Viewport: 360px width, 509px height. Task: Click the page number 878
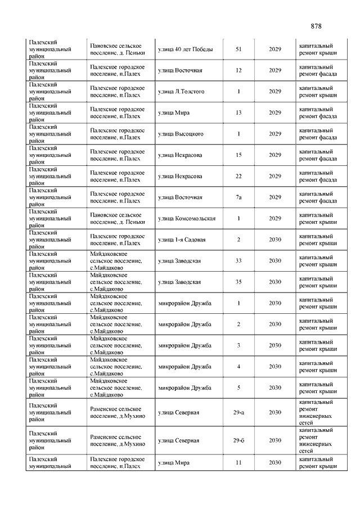(x=316, y=26)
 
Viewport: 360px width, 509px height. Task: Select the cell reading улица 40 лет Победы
(x=185, y=49)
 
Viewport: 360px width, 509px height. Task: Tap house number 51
(x=238, y=49)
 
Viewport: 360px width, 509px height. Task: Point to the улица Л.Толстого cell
(x=181, y=92)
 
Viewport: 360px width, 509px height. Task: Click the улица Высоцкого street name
(x=181, y=134)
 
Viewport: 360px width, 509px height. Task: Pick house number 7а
(x=238, y=197)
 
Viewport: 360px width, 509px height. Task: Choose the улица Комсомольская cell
(x=187, y=218)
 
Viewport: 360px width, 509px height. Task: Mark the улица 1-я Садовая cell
(x=182, y=240)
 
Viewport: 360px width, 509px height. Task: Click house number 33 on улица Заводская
(x=238, y=261)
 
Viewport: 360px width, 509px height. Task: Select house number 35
(x=238, y=282)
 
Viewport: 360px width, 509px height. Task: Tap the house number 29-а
(x=238, y=413)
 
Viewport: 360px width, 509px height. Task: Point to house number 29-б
(x=238, y=440)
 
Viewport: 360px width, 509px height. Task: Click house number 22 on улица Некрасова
(x=238, y=176)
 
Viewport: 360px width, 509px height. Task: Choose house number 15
(x=238, y=155)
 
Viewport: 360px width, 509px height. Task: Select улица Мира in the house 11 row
(x=174, y=462)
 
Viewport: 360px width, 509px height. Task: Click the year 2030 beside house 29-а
(x=275, y=413)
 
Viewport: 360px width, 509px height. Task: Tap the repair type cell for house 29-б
(x=316, y=440)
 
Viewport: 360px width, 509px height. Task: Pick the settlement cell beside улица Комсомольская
(x=117, y=218)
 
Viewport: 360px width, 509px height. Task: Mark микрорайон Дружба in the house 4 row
(x=185, y=367)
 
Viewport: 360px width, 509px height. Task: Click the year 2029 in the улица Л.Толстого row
(x=275, y=92)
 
